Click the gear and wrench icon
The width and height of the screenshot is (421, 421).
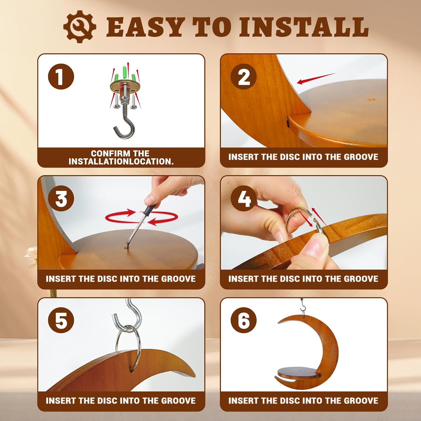(x=80, y=27)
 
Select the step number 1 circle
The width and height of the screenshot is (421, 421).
(x=61, y=77)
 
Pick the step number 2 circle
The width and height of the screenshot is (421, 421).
(x=244, y=77)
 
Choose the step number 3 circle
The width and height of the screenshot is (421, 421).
(x=61, y=199)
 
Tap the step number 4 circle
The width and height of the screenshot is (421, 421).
(x=244, y=199)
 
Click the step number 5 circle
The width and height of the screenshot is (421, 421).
(x=61, y=320)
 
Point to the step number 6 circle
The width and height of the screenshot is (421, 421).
(x=244, y=320)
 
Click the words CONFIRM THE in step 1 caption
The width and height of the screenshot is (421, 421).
(x=120, y=153)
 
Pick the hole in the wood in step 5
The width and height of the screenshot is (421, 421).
(x=131, y=369)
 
